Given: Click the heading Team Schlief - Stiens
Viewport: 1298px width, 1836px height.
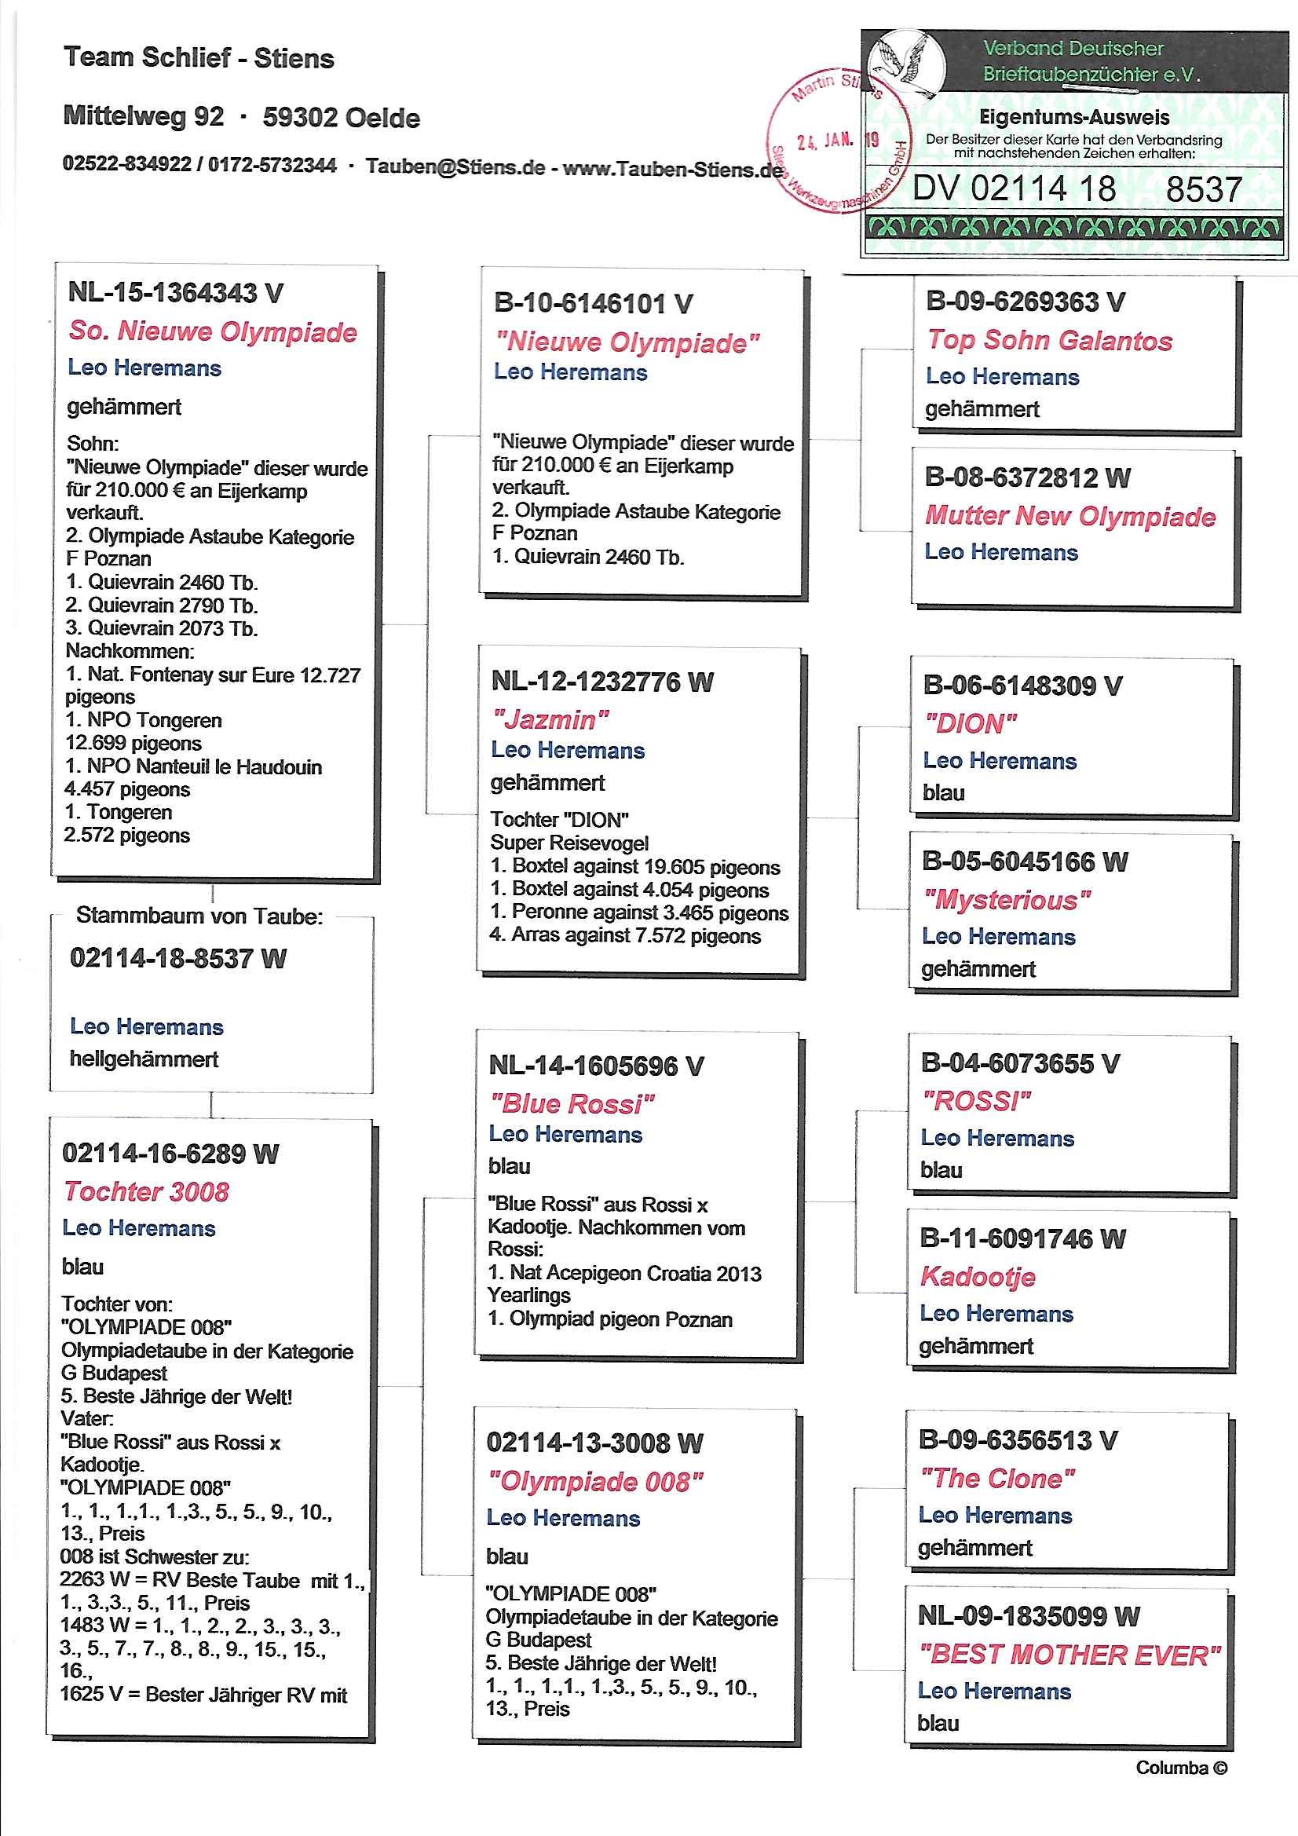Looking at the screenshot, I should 199,57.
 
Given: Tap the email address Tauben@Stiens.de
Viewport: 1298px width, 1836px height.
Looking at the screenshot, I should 455,166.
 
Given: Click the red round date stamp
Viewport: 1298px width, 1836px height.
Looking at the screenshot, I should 836,141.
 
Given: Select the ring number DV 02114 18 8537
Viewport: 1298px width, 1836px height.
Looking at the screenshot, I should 1077,189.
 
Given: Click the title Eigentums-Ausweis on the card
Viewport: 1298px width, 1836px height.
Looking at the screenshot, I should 1074,118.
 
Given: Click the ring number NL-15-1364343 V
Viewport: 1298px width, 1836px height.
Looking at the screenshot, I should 175,293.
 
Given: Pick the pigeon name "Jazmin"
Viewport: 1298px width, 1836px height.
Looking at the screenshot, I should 550,719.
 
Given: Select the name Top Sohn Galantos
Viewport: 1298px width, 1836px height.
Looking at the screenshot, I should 1049,340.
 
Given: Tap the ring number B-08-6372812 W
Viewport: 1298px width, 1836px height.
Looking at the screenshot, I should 1027,477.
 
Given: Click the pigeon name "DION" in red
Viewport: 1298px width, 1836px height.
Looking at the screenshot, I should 970,724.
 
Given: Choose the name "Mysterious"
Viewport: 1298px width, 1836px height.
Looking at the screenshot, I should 1006,900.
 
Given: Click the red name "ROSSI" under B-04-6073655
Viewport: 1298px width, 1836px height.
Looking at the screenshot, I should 976,1101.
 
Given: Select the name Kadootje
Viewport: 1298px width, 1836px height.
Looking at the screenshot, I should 978,1276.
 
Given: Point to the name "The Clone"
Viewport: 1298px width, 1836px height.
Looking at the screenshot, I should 996,1478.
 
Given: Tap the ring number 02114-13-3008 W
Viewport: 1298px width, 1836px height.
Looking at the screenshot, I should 594,1443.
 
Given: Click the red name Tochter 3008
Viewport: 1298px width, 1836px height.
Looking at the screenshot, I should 146,1191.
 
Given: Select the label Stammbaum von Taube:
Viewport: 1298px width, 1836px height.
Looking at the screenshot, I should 199,916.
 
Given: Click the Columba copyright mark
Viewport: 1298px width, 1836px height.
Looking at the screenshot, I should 1180,1767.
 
